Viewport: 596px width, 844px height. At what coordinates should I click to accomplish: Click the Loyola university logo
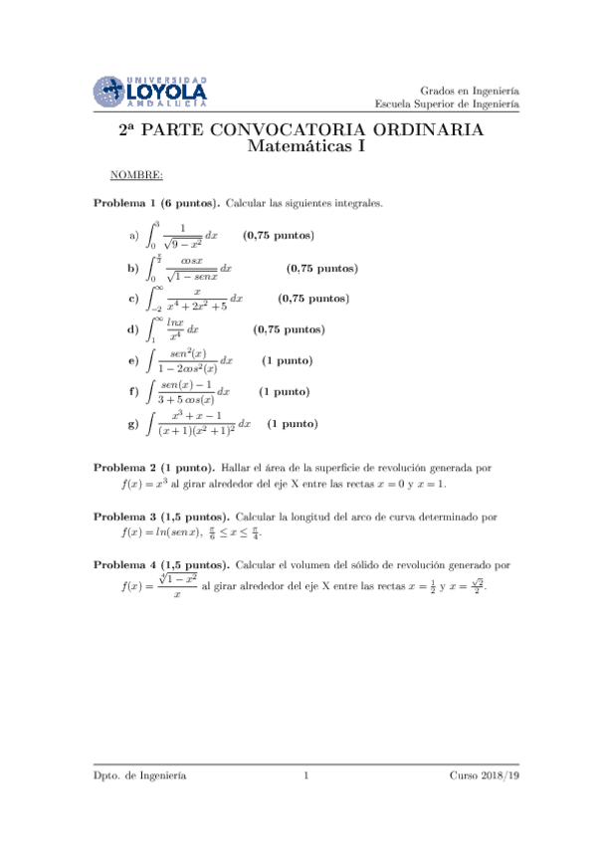(x=150, y=92)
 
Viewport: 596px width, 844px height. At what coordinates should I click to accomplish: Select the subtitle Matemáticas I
(x=305, y=147)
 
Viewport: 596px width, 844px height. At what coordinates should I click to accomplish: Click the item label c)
(x=132, y=298)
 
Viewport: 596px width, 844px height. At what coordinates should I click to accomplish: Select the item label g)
(x=132, y=424)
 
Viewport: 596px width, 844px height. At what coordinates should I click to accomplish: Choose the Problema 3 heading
(x=162, y=517)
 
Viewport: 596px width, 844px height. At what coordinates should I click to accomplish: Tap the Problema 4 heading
(x=162, y=564)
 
